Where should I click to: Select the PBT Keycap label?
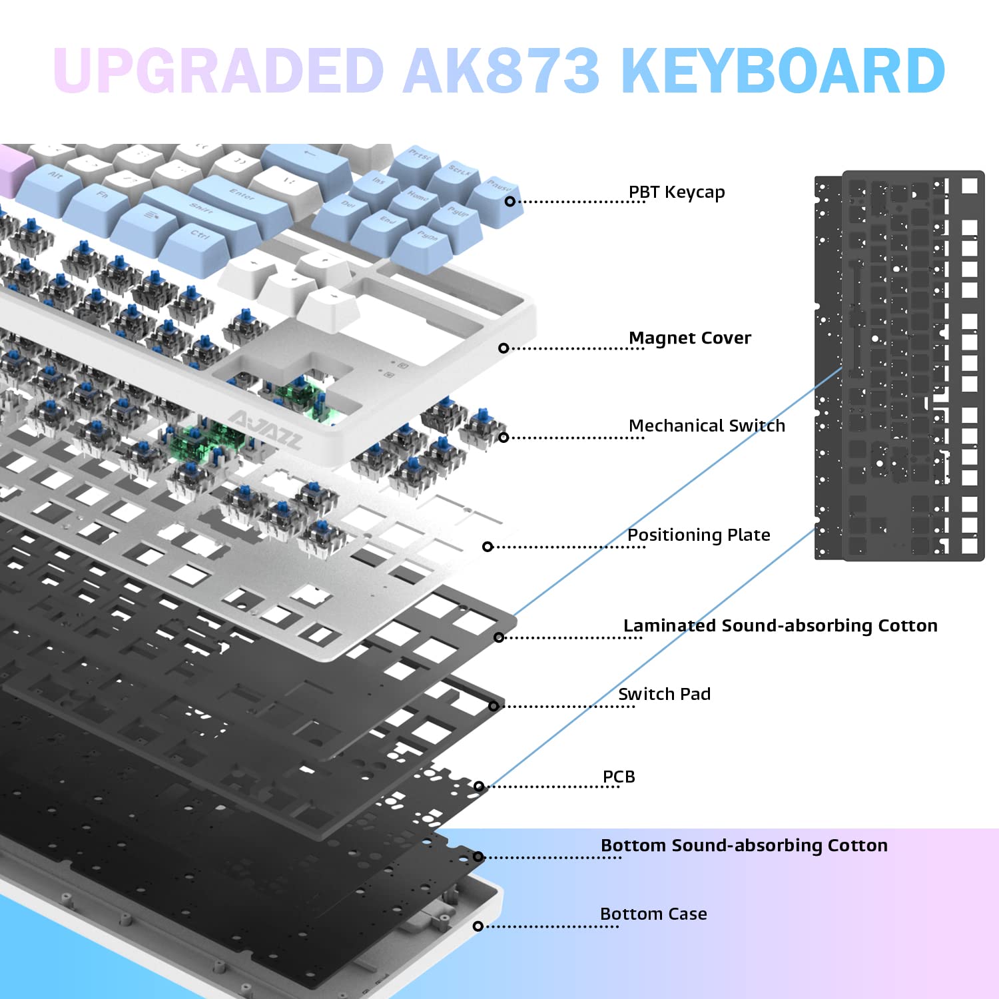click(677, 192)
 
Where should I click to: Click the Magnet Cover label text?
click(690, 338)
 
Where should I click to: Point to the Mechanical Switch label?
click(707, 426)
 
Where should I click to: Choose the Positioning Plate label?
click(699, 535)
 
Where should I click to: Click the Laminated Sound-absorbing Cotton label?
click(780, 626)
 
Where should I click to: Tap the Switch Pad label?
click(664, 694)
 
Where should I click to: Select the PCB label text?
click(619, 777)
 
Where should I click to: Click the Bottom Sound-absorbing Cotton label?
click(744, 846)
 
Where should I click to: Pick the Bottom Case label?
click(653, 914)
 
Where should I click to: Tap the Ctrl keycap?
click(200, 236)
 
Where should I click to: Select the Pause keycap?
click(498, 186)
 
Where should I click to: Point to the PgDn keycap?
click(427, 237)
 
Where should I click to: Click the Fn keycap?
click(102, 195)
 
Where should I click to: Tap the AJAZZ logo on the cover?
click(265, 430)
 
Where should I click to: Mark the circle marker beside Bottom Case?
click(478, 926)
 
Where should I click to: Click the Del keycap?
click(348, 205)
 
